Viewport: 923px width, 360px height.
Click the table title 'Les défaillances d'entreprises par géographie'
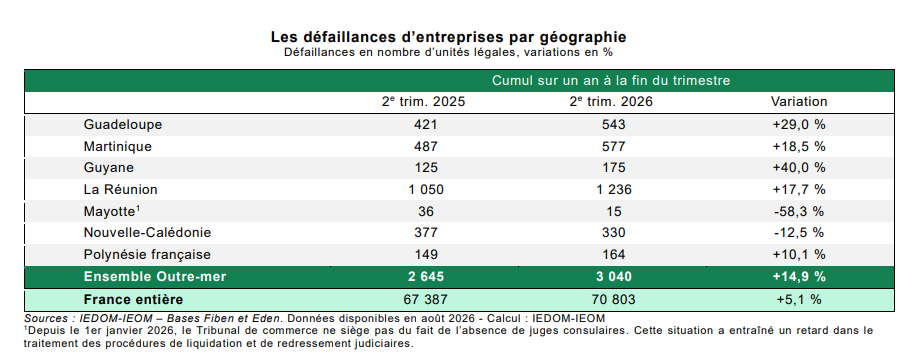(449, 37)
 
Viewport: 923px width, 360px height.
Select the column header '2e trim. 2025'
(423, 102)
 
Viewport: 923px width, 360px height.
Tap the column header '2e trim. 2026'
(612, 102)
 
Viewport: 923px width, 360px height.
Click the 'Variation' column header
(799, 102)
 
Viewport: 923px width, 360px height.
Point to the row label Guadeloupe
(122, 125)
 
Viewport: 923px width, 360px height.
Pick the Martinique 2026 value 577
(613, 146)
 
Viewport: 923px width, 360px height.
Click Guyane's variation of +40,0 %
(799, 168)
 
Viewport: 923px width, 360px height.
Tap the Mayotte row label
(112, 211)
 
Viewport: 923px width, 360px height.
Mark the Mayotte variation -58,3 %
(799, 211)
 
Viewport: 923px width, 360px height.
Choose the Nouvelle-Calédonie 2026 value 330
(613, 233)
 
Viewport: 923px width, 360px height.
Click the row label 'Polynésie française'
(147, 255)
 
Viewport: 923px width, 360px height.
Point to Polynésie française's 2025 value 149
(426, 255)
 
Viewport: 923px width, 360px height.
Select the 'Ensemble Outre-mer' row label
(155, 276)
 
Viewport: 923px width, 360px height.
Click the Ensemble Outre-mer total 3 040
(612, 276)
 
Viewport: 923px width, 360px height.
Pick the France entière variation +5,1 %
(799, 299)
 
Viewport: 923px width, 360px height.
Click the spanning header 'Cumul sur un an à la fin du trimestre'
(611, 81)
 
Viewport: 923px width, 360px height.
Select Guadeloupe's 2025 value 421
(426, 125)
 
